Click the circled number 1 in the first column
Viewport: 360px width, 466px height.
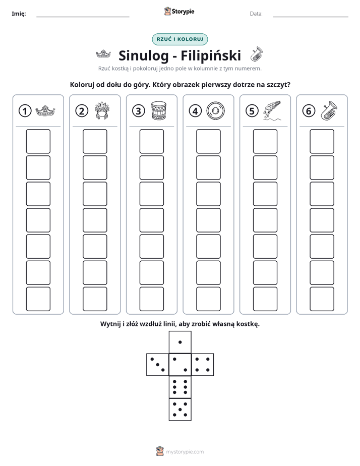(x=25, y=111)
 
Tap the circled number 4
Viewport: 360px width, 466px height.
(x=195, y=111)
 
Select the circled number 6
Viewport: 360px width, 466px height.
(x=309, y=111)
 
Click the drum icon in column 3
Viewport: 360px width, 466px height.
(x=159, y=110)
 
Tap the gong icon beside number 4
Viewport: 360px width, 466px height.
(x=216, y=111)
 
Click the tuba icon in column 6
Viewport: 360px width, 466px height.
(x=329, y=110)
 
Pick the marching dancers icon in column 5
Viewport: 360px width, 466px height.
(x=272, y=110)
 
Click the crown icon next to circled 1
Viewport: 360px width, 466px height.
(x=45, y=111)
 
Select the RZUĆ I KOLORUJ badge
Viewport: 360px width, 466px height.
(x=179, y=39)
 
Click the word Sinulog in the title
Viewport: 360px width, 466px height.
(x=144, y=55)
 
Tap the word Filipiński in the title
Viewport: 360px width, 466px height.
(x=211, y=55)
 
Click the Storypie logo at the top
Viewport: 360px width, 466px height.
(x=179, y=12)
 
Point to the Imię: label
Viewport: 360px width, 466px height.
(x=19, y=14)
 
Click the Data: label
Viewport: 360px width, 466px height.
(x=256, y=14)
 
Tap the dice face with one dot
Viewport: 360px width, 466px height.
(x=180, y=342)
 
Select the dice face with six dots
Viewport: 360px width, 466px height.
(x=180, y=387)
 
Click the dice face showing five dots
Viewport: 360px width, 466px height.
(x=180, y=409)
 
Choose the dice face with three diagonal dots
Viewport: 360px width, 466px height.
(x=158, y=365)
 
